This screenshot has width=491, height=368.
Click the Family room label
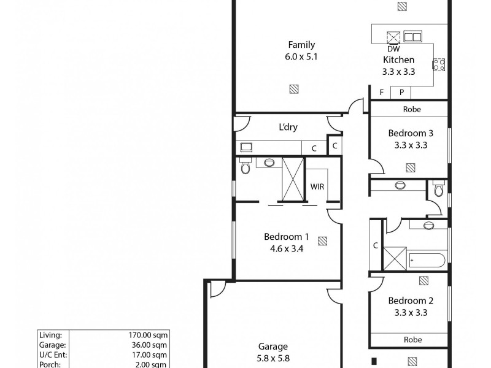click(301, 44)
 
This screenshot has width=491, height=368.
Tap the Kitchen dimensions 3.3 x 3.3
click(398, 71)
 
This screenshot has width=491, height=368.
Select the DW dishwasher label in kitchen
click(393, 49)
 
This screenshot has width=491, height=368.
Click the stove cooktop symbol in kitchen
click(439, 64)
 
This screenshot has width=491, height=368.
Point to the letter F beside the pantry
click(381, 93)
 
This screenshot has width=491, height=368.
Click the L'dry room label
click(288, 128)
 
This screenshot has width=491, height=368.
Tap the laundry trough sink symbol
click(247, 147)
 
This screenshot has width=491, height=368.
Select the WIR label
click(317, 186)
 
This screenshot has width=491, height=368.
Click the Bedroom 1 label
click(286, 237)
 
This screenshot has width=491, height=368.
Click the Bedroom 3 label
click(411, 133)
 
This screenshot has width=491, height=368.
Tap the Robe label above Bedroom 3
click(411, 110)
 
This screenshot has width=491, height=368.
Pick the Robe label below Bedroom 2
click(412, 339)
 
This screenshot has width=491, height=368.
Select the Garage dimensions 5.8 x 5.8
click(273, 358)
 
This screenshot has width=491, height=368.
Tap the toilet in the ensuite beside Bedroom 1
click(245, 167)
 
